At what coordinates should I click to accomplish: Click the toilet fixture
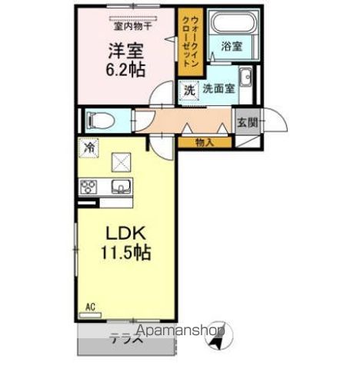pos(97,120)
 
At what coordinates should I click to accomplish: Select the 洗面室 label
pos(218,89)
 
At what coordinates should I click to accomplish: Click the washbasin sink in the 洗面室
pos(245,78)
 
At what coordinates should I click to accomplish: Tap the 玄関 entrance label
pos(246,122)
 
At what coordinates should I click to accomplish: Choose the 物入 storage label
pos(204,142)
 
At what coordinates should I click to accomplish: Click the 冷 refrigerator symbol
pos(89,146)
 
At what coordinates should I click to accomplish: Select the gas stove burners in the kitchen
pos(89,187)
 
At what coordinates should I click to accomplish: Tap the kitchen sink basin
pos(120,187)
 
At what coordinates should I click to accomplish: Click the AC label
pos(89,308)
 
